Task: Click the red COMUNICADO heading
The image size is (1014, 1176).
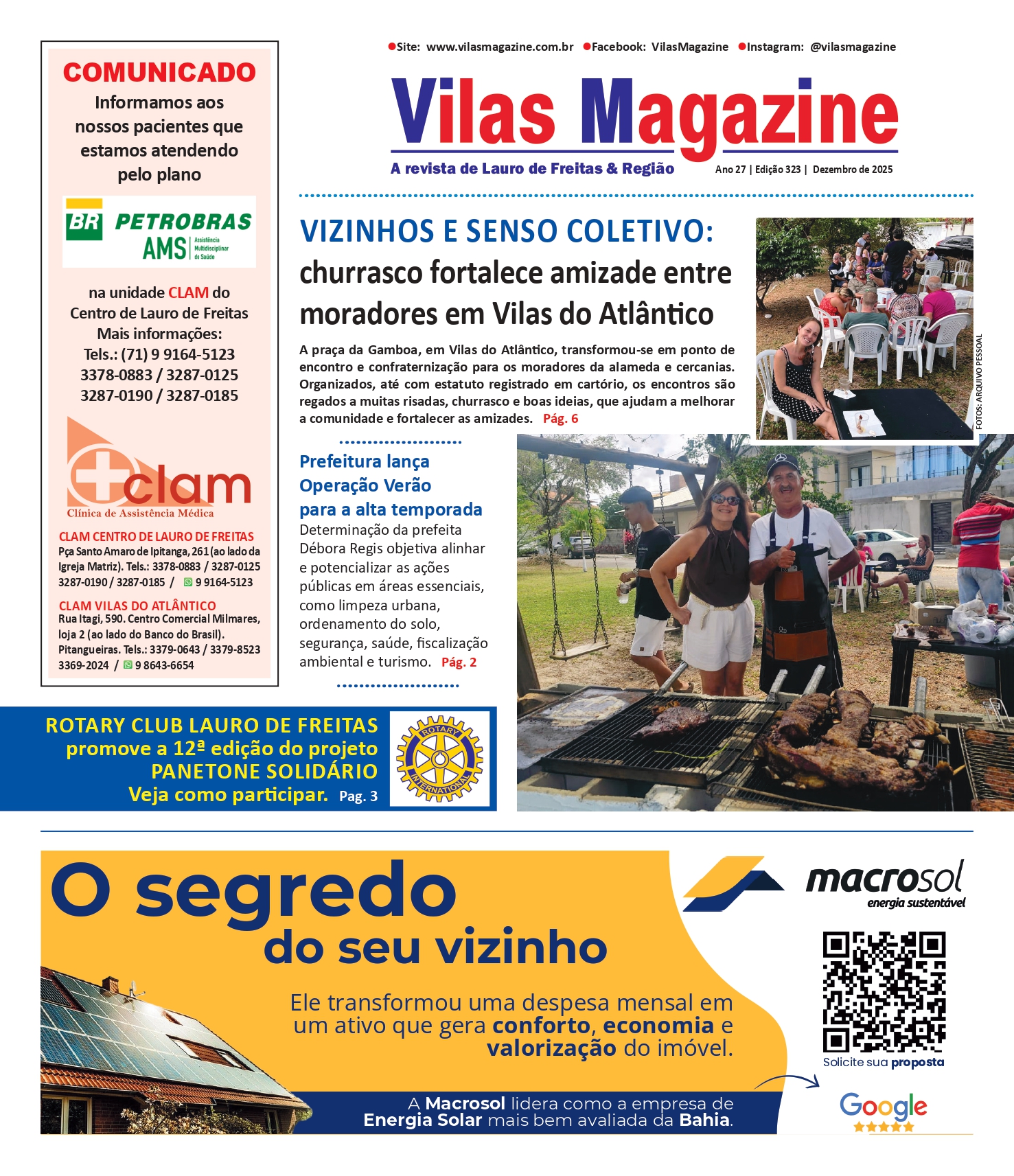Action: [159, 72]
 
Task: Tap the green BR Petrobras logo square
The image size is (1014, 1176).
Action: [84, 224]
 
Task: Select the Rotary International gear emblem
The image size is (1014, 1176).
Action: [439, 759]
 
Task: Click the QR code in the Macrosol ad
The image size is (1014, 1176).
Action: [884, 991]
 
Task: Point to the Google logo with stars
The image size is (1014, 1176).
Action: [884, 1111]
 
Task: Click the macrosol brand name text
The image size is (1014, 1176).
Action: [884, 879]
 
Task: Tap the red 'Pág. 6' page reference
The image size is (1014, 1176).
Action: [561, 419]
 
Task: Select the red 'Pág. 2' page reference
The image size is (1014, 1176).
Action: [459, 662]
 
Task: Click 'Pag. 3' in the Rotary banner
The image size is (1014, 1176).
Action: [358, 796]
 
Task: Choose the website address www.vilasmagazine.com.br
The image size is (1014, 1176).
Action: [500, 47]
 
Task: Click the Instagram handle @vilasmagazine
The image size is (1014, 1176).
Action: [853, 47]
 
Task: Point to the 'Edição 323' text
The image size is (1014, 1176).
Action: [778, 170]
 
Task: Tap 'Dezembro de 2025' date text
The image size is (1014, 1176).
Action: [853, 170]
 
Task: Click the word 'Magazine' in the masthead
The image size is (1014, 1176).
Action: [739, 113]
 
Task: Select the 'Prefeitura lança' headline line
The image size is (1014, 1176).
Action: [365, 461]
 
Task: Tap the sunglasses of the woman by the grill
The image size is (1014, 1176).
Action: [725, 499]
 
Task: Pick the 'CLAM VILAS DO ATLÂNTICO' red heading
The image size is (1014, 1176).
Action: [137, 606]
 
